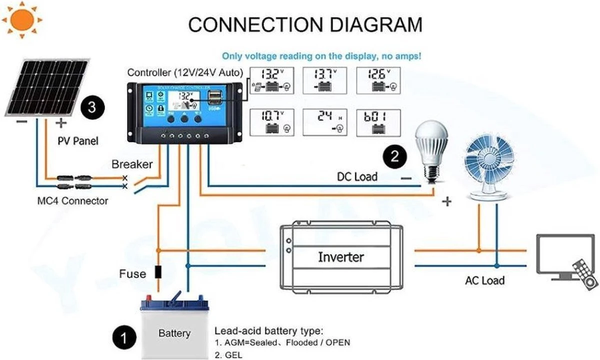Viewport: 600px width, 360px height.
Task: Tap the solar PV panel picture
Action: click(x=48, y=87)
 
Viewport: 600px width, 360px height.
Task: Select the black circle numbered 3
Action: click(x=92, y=106)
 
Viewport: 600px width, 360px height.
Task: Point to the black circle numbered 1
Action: click(x=123, y=338)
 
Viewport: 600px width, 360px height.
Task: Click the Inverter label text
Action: click(x=341, y=257)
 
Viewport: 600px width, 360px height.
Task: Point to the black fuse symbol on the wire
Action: click(x=158, y=272)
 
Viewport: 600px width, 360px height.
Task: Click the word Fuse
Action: click(x=132, y=274)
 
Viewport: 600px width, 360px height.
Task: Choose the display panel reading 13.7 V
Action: click(x=325, y=80)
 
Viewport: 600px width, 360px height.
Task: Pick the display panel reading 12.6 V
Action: click(x=378, y=80)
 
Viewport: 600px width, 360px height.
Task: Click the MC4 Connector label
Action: click(x=73, y=201)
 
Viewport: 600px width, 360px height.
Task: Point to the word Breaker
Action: click(x=132, y=164)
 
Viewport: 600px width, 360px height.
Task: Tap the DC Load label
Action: click(x=356, y=176)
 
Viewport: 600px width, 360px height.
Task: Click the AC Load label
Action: click(x=484, y=280)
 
